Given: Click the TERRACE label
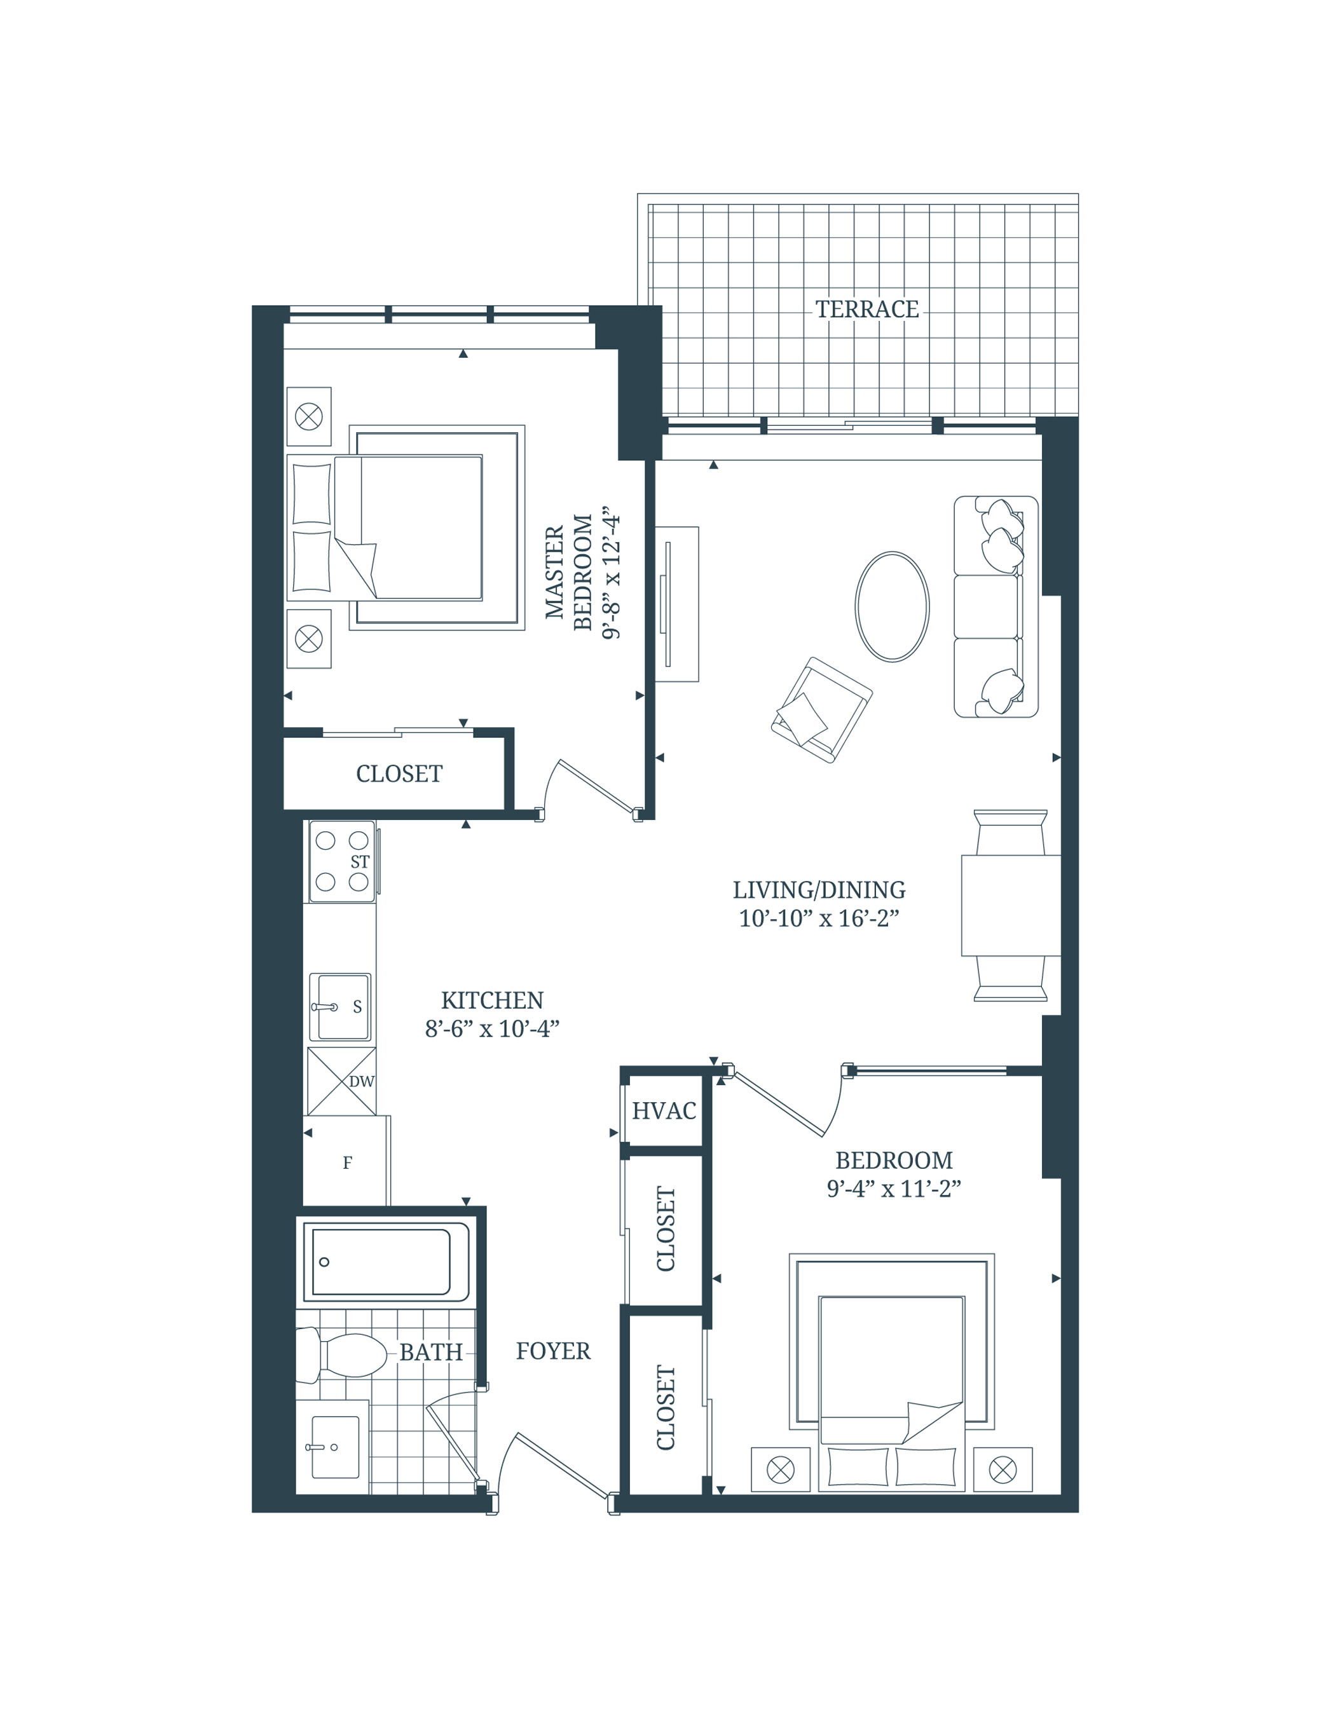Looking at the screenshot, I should click(866, 309).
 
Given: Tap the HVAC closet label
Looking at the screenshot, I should click(663, 1111).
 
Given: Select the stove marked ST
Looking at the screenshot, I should click(342, 861).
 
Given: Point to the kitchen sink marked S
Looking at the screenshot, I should click(340, 1007).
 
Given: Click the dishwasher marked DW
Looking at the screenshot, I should click(341, 1081).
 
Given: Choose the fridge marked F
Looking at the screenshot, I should click(346, 1162).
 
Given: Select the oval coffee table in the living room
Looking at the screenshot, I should click(891, 606).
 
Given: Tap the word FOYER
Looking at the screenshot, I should click(553, 1351).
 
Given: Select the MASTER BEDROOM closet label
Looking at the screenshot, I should click(399, 774).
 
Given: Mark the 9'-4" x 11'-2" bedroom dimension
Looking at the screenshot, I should click(894, 1189).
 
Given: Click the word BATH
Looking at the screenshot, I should click(430, 1352).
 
